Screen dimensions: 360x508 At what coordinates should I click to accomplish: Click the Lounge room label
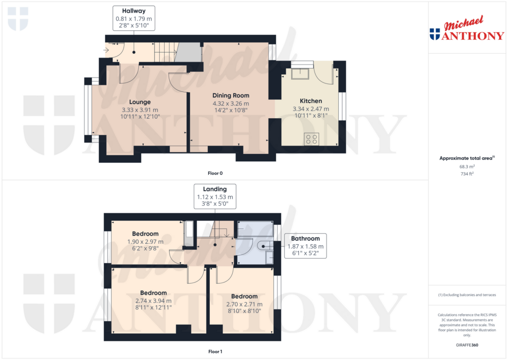tap(140, 102)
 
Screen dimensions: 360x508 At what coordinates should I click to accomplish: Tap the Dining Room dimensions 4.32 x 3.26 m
tap(231, 103)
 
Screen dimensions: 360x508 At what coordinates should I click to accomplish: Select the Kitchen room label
tap(311, 101)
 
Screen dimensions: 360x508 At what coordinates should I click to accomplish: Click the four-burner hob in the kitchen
tap(312, 139)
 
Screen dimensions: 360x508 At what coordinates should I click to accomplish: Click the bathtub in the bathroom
tap(255, 228)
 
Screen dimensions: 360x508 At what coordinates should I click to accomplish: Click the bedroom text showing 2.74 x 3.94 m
tap(153, 300)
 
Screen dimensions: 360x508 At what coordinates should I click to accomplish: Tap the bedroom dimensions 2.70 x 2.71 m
tap(244, 304)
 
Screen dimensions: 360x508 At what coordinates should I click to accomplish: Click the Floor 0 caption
tap(215, 173)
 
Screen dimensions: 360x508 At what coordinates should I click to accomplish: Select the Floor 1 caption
tap(215, 352)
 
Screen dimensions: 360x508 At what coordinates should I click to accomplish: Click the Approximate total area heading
tap(466, 158)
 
